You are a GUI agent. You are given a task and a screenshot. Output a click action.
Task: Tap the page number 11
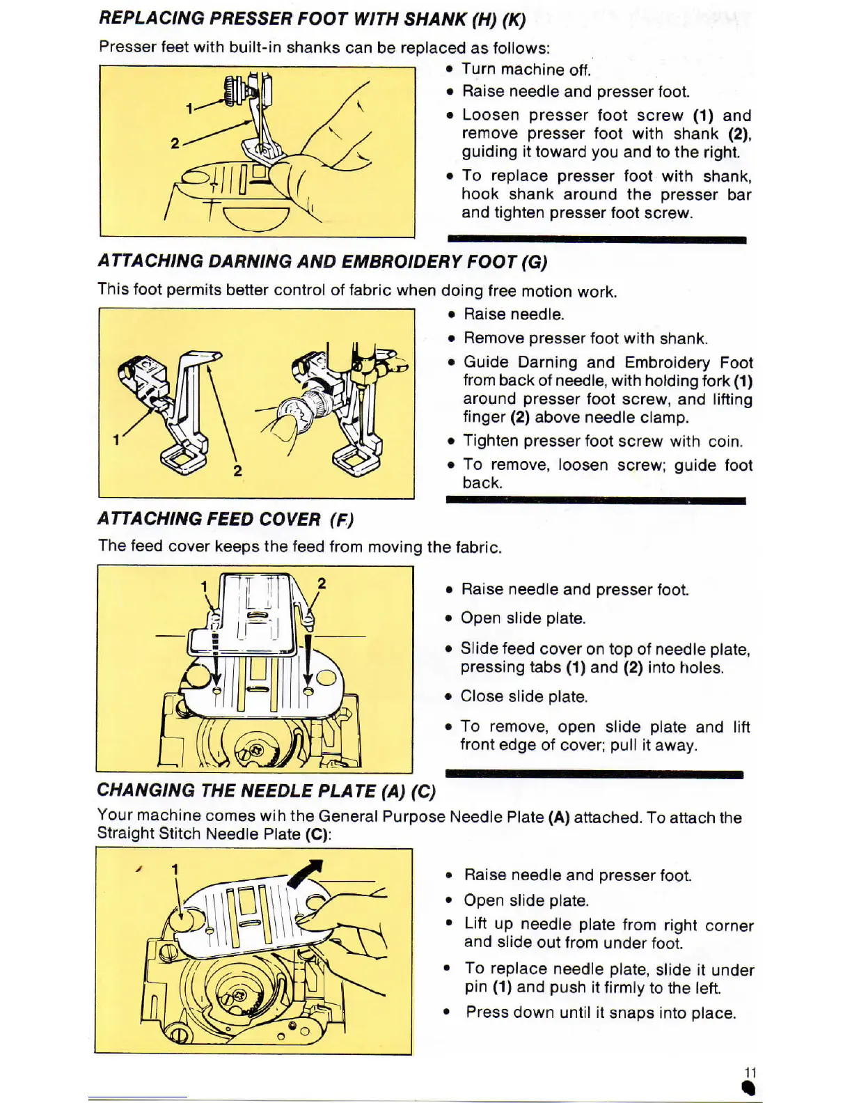coord(750,1072)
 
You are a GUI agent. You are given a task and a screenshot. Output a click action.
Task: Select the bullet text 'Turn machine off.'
coord(526,70)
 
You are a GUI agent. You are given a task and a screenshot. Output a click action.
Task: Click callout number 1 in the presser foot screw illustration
coord(189,109)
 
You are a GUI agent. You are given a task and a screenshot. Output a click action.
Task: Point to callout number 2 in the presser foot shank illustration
coord(175,143)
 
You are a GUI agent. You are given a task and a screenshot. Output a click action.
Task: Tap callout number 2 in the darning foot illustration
coord(237,471)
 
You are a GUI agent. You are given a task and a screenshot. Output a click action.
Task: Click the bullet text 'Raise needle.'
coord(514,315)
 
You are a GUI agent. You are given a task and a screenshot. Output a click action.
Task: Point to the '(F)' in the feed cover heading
coord(342,519)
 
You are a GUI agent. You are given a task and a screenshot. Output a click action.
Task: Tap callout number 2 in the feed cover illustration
coord(322,584)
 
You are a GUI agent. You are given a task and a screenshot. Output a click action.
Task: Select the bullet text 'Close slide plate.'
coord(524,696)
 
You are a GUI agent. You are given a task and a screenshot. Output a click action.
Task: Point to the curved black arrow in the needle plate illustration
coord(307,874)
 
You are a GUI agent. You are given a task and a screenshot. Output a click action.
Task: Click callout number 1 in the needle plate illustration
coord(175,870)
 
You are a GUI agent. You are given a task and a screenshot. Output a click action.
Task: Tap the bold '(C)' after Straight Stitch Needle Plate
coord(317,834)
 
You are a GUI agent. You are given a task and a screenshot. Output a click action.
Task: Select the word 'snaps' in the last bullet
coord(642,1013)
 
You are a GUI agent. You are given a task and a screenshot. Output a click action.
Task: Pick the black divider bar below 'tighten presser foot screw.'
coord(597,240)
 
